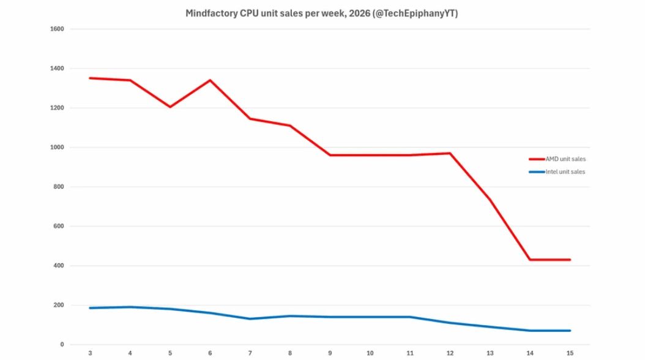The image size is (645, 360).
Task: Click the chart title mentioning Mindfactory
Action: tap(322, 13)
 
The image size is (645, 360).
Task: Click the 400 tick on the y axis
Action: tap(60, 266)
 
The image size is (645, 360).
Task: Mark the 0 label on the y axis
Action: tap(62, 345)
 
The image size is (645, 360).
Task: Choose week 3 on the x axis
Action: tap(90, 353)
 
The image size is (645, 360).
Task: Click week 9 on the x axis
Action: tap(330, 353)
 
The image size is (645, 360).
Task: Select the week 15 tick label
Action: tap(570, 353)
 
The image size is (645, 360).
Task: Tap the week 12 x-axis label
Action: tap(450, 353)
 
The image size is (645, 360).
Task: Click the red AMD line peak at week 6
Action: tap(210, 80)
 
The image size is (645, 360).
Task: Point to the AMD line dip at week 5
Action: tap(170, 107)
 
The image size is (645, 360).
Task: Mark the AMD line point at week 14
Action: tap(530, 260)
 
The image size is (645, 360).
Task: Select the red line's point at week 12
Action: tap(450, 153)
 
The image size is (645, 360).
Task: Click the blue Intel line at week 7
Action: tap(250, 319)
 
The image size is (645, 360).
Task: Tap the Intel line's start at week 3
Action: tap(90, 308)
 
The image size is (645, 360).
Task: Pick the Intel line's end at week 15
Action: tap(570, 331)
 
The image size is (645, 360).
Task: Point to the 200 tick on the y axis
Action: tap(60, 305)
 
